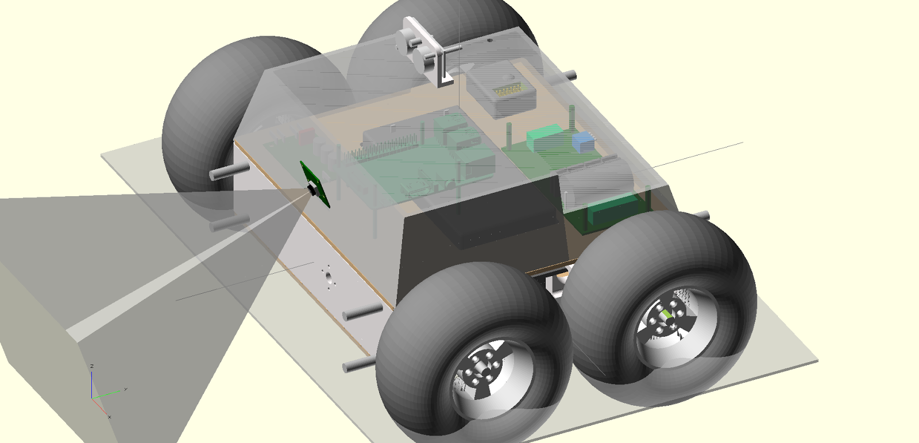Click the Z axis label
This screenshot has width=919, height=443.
pyautogui.click(x=92, y=366)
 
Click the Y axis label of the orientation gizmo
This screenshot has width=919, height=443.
pyautogui.click(x=126, y=389)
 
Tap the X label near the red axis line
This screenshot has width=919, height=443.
pyautogui.click(x=109, y=417)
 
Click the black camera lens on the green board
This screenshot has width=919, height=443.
pyautogui.click(x=314, y=189)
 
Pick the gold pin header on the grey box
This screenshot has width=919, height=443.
pyautogui.click(x=508, y=90)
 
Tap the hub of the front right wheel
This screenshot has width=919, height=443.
pyautogui.click(x=481, y=373)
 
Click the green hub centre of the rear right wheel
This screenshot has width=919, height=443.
pyautogui.click(x=667, y=314)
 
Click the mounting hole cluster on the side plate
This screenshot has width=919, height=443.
pyautogui.click(x=328, y=277)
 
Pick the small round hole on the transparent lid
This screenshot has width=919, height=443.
pyautogui.click(x=490, y=40)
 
